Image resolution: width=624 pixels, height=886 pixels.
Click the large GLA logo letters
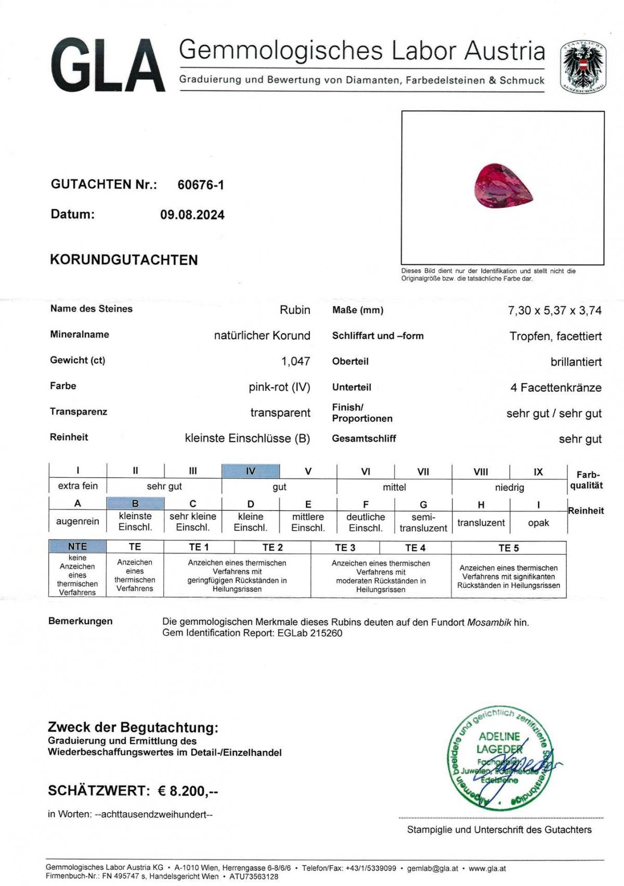pos(108,66)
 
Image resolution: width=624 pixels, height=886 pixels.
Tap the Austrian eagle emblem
pos(583,67)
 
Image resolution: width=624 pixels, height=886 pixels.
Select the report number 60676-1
pos(201,185)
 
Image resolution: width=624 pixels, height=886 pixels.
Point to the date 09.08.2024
pos(192,215)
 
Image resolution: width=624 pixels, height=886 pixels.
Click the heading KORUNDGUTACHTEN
pos(124,260)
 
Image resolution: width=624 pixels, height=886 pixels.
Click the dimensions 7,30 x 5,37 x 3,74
pos(554,311)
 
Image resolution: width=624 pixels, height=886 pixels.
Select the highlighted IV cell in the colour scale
pos(251,471)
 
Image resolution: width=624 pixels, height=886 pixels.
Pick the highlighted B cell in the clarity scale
pos(135,503)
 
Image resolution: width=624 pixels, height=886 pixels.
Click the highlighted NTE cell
pos(77,546)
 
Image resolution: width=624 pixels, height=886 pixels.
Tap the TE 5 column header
pos(508,547)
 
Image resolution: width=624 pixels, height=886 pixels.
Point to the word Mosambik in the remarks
pos(489,622)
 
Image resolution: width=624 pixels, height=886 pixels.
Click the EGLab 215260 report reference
pos(310,633)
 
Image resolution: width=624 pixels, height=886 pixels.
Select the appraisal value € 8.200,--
pos(188,791)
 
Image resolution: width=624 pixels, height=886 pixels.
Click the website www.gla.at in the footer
pos(487,868)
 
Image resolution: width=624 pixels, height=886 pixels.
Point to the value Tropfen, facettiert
pos(555,336)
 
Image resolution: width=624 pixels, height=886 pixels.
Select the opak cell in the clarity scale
pos(538,523)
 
